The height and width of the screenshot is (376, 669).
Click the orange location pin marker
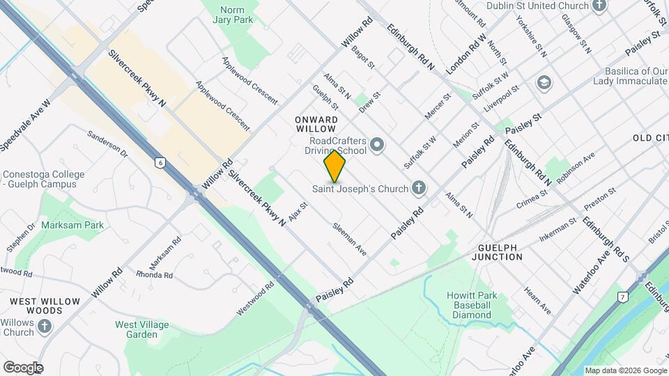(x=334, y=166)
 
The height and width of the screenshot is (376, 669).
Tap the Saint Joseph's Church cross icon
(x=418, y=187)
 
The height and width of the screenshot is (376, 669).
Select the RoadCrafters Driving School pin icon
(x=377, y=146)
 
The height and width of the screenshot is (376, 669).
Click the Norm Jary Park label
(x=236, y=15)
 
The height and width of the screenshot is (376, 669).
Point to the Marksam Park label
(x=72, y=225)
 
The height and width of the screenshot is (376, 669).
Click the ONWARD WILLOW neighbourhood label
(x=316, y=125)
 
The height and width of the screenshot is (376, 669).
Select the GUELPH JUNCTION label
(x=510, y=252)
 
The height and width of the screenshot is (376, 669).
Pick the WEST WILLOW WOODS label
(x=45, y=306)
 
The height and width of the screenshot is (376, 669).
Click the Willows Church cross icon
(x=45, y=326)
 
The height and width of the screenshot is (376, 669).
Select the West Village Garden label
(x=137, y=329)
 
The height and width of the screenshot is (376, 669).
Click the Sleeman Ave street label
(x=349, y=237)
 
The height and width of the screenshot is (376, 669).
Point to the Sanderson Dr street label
(x=108, y=142)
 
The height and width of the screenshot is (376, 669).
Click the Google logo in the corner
(x=23, y=368)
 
